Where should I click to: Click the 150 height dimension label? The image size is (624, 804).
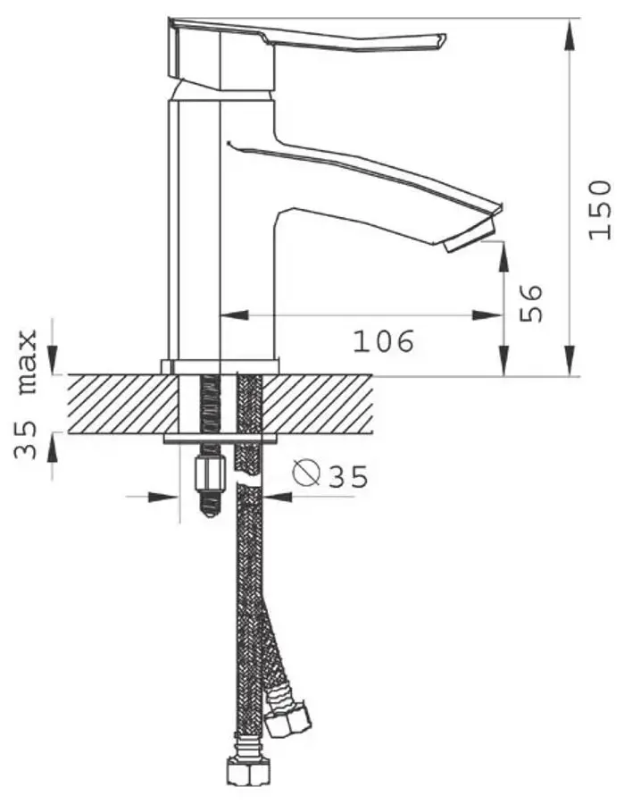[x=600, y=210]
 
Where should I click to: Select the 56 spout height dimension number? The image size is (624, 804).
[x=531, y=303]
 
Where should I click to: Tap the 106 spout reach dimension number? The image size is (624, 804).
[x=383, y=341]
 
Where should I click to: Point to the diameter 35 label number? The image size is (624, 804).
[x=348, y=477]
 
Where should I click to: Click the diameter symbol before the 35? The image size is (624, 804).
[x=306, y=473]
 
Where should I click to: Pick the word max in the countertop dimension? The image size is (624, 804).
[x=27, y=361]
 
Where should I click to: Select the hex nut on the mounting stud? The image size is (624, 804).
[x=212, y=475]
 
